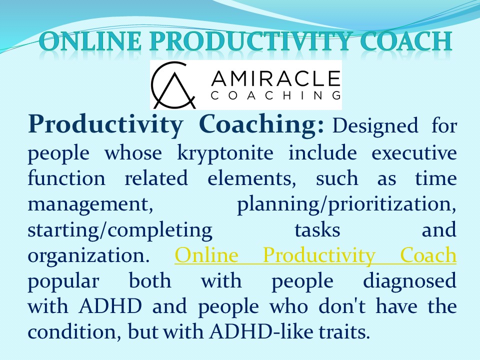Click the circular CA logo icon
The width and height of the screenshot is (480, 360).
click(173, 85)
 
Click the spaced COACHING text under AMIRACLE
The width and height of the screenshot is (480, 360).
click(275, 95)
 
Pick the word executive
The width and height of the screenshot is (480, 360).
click(414, 152)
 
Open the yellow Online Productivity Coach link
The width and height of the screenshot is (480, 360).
click(315, 256)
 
